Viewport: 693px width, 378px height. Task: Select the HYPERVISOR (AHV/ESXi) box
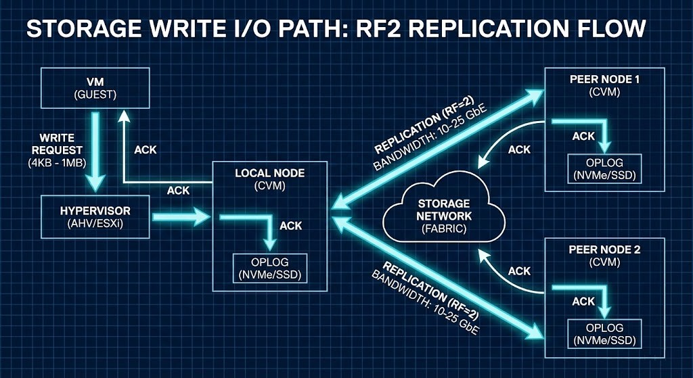click(x=95, y=216)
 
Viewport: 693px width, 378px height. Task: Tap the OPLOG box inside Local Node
click(x=269, y=268)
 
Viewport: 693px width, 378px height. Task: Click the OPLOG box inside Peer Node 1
click(x=604, y=170)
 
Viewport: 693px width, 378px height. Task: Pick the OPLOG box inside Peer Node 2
click(x=604, y=332)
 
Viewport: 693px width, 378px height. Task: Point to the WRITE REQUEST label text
click(x=60, y=143)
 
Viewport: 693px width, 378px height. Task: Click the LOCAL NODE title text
click(x=269, y=174)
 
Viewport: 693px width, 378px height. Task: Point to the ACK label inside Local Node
click(x=290, y=225)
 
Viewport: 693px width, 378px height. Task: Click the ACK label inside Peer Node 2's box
click(x=583, y=302)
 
